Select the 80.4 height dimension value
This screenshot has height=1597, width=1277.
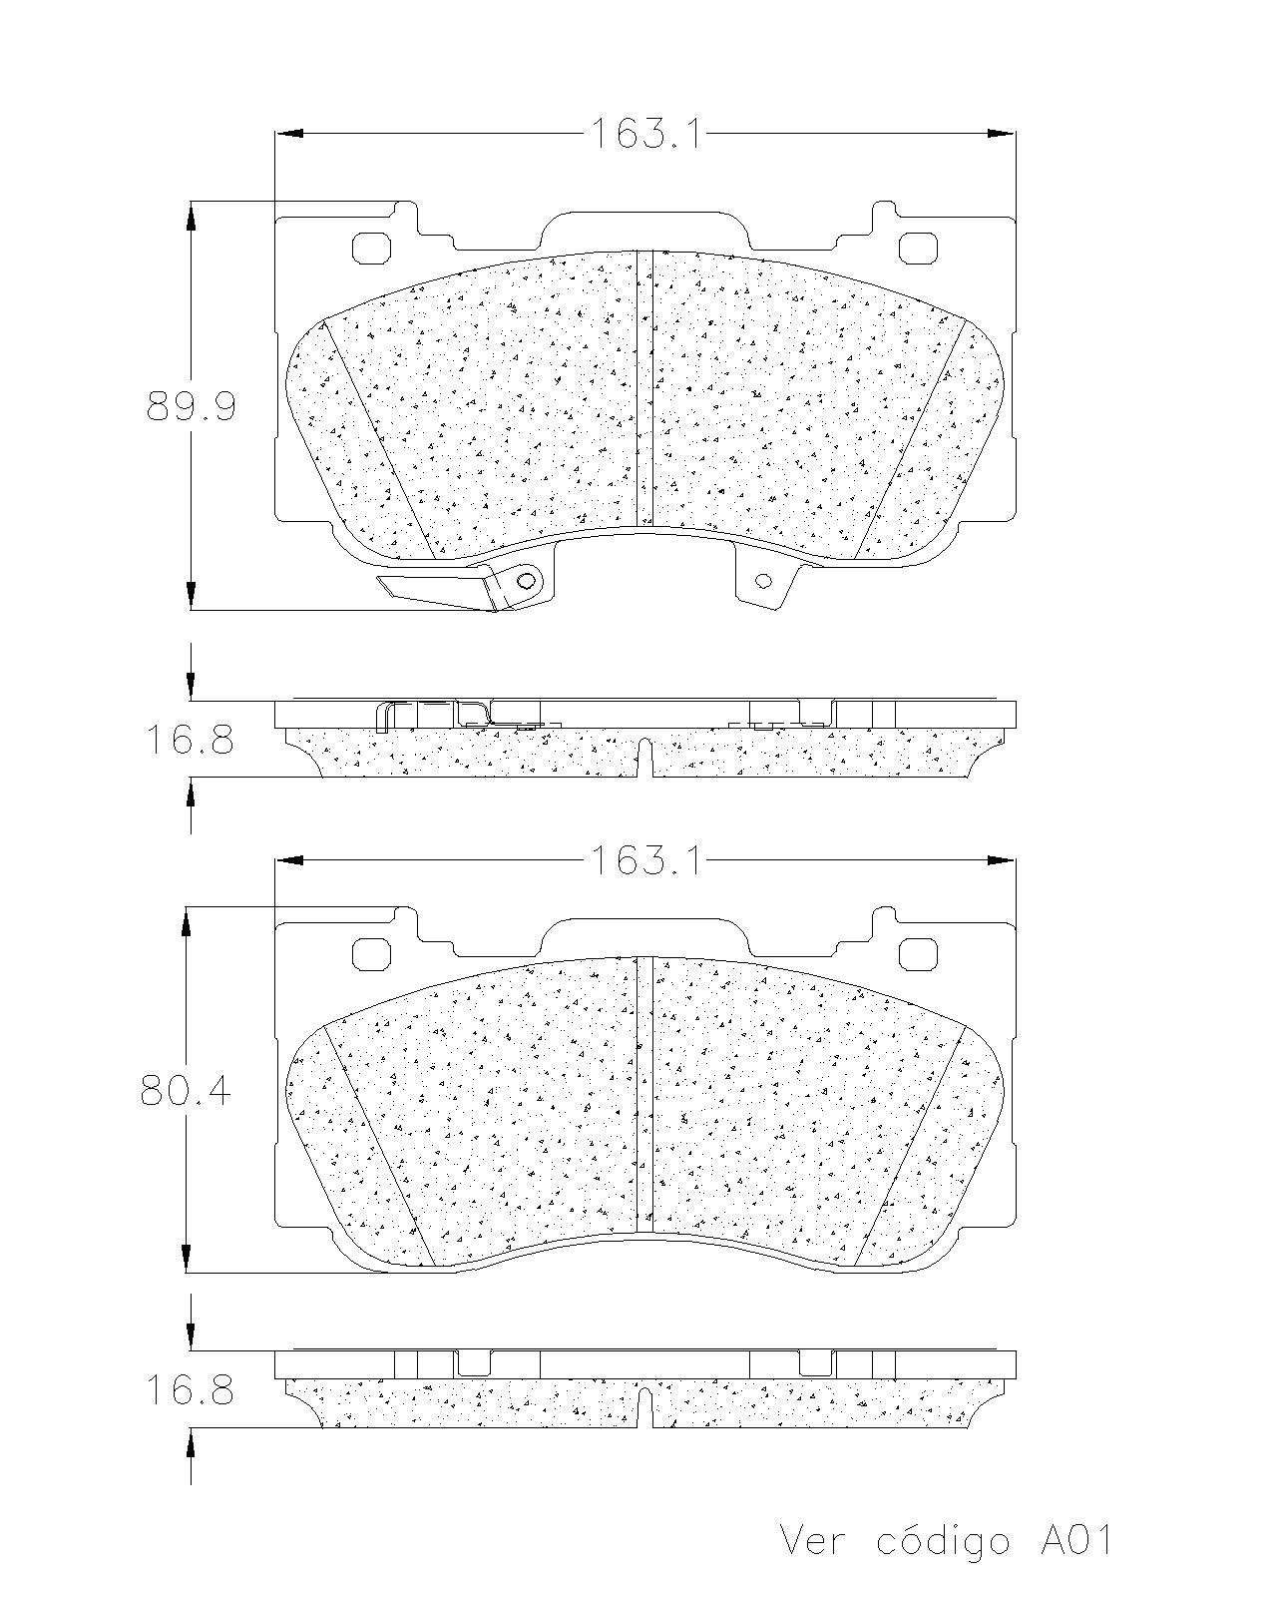coord(186,1092)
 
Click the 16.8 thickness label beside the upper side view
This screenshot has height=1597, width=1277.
coord(190,741)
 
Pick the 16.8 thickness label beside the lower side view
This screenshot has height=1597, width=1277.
coord(190,1390)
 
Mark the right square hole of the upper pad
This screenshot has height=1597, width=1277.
coord(917,248)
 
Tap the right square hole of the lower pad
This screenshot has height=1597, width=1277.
coord(917,954)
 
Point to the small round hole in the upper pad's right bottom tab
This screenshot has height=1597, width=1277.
coord(764,580)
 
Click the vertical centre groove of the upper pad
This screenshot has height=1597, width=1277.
coord(644,389)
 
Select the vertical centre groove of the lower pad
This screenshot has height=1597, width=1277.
coord(644,1093)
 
